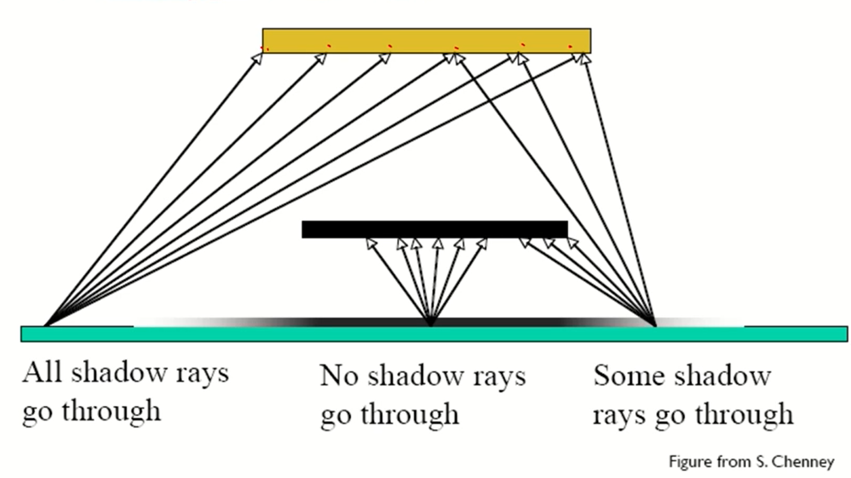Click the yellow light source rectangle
click(x=426, y=41)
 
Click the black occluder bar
click(x=434, y=229)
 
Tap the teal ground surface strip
click(x=433, y=334)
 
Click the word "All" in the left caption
click(x=42, y=372)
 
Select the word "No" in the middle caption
click(x=339, y=376)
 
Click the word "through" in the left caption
click(x=111, y=411)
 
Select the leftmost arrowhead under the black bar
click(x=371, y=244)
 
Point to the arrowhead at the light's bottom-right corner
click(x=585, y=58)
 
